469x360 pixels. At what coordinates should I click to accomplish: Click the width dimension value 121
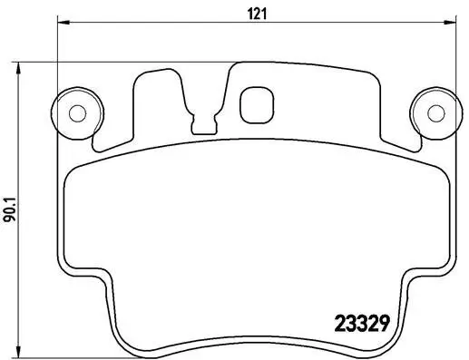coord(247,12)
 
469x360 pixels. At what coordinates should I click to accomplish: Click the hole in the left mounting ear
coord(77,112)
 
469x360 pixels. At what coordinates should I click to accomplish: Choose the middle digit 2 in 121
coord(247,12)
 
